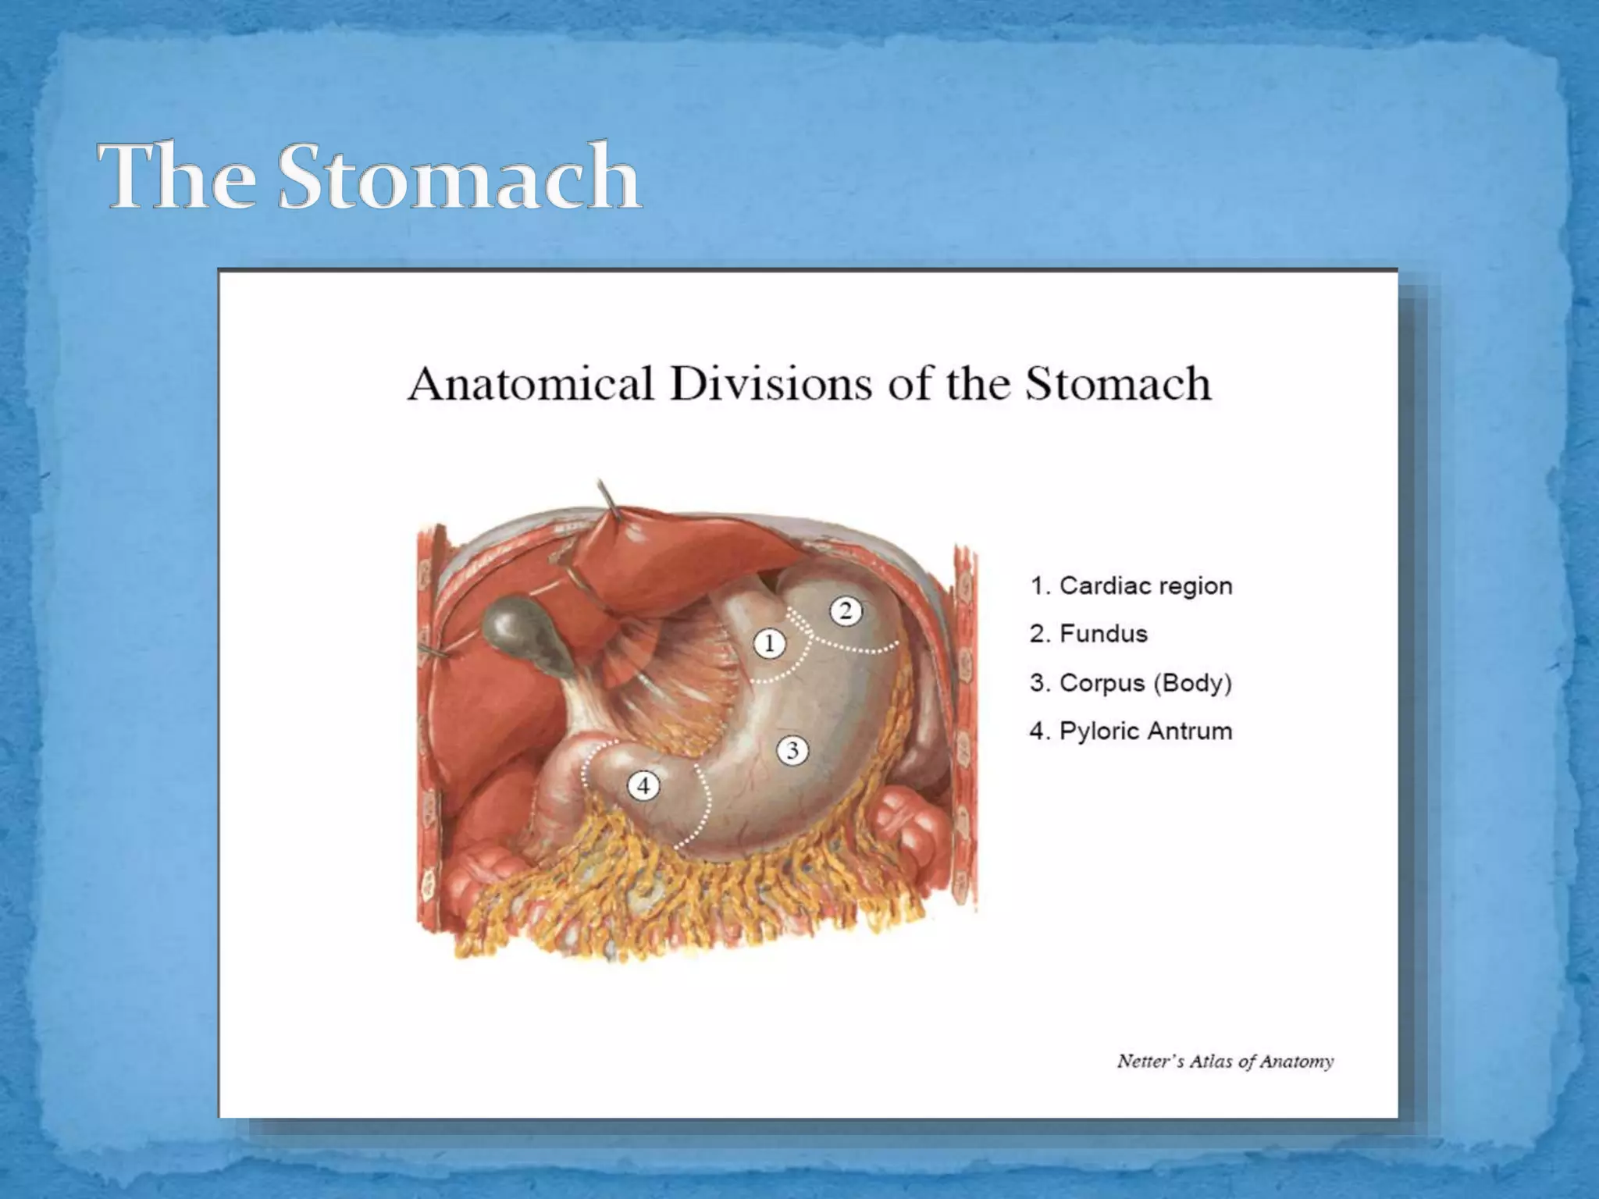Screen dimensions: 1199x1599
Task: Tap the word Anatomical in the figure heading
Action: (x=530, y=384)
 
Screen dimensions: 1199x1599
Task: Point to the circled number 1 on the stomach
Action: (x=770, y=644)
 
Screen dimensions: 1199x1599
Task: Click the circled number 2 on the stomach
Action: (x=846, y=611)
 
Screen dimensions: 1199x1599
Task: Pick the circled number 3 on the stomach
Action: (x=792, y=751)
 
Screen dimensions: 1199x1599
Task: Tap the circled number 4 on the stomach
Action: (x=643, y=786)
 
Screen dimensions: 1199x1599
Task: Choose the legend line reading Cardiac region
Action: (x=1131, y=585)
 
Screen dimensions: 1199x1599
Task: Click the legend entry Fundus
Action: (x=1088, y=634)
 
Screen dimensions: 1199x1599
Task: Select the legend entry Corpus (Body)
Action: (x=1131, y=683)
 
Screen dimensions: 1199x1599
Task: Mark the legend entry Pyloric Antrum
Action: (x=1131, y=731)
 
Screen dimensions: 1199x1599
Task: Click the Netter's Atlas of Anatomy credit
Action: (x=1225, y=1062)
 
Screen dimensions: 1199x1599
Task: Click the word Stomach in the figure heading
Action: (x=1117, y=384)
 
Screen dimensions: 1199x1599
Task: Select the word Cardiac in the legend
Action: (x=1101, y=585)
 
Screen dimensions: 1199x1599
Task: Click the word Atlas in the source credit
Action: (x=1211, y=1062)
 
